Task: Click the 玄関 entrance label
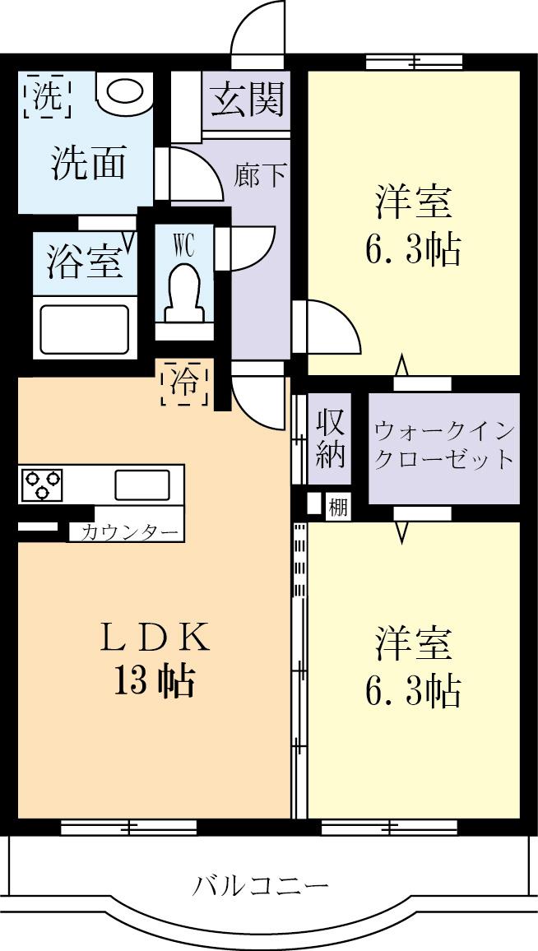pyautogui.click(x=247, y=100)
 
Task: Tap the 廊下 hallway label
pyautogui.click(x=260, y=175)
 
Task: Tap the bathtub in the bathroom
pyautogui.click(x=82, y=327)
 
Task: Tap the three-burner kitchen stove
pyautogui.click(x=42, y=484)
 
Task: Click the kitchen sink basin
pyautogui.click(x=141, y=485)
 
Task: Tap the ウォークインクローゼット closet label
pyautogui.click(x=444, y=445)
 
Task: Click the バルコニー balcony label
pyautogui.click(x=262, y=886)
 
